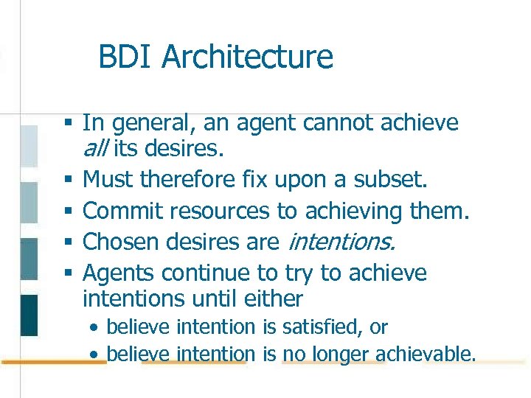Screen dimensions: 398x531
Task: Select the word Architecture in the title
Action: click(247, 57)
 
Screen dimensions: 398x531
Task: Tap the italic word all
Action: click(95, 150)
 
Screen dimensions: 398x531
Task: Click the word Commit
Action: click(122, 211)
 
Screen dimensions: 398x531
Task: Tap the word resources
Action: click(220, 211)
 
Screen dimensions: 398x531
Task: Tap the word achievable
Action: click(429, 355)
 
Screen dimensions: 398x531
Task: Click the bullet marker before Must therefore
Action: click(68, 179)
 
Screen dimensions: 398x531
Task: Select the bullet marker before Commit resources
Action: click(68, 211)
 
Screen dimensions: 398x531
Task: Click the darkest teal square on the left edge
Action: click(29, 315)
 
